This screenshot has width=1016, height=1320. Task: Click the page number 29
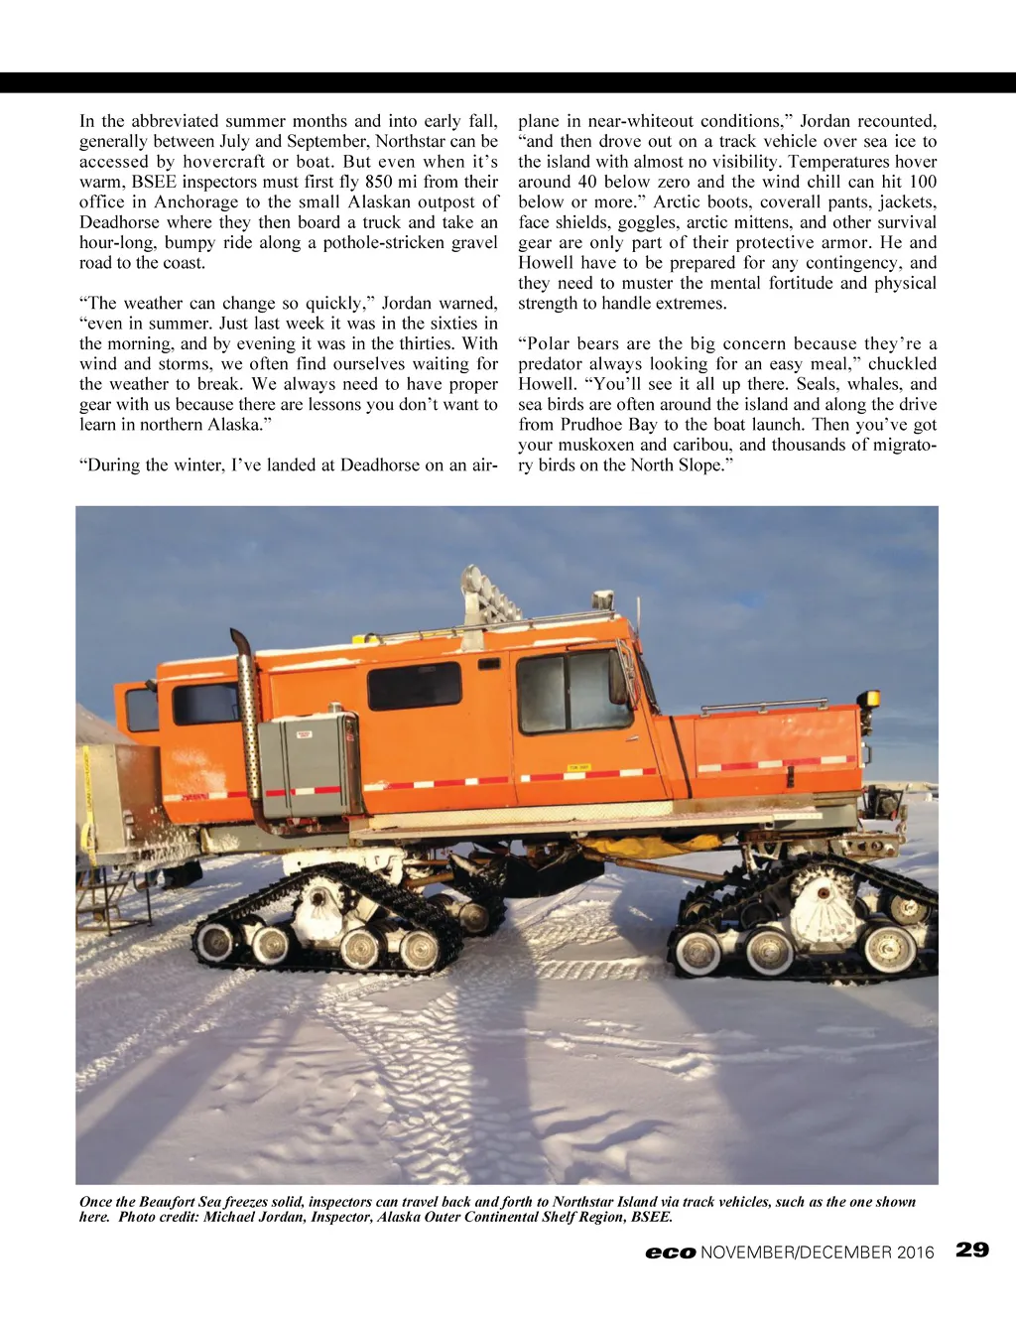(x=972, y=1250)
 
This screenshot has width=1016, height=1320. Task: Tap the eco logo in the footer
(x=671, y=1253)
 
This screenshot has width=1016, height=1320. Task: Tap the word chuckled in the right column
(x=902, y=364)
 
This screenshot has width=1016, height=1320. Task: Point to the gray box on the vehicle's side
(x=309, y=765)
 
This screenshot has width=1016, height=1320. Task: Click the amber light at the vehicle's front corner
(x=872, y=698)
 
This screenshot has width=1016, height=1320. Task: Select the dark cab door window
(x=572, y=692)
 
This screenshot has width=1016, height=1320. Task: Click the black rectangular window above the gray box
(x=414, y=685)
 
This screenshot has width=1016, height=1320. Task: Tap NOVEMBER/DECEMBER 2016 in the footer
(x=818, y=1253)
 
